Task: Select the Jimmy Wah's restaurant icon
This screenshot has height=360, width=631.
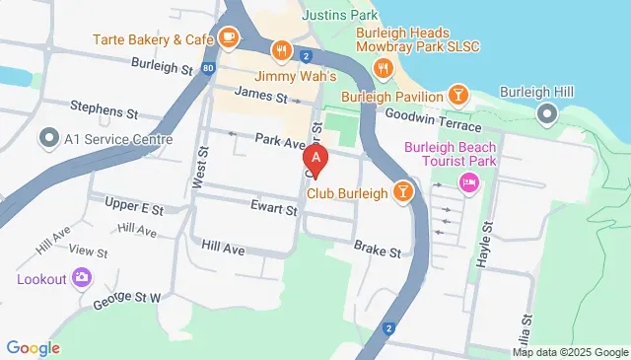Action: [283, 51]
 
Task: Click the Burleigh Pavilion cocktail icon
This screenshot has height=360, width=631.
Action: [457, 95]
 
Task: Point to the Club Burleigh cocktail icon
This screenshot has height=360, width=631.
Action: [402, 190]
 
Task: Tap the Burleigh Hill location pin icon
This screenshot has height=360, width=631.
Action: [549, 115]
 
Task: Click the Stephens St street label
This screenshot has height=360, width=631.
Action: [104, 105]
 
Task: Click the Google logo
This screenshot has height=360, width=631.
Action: [34, 347]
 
